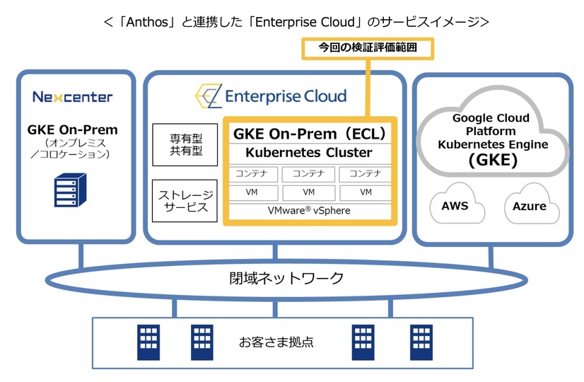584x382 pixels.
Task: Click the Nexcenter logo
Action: [x=73, y=97]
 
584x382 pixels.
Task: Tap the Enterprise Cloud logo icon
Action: [x=209, y=96]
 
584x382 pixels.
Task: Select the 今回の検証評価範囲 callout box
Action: [x=367, y=48]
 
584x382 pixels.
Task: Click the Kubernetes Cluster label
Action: [x=308, y=153]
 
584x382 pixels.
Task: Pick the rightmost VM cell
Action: [x=366, y=192]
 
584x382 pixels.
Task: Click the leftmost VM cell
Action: [x=252, y=192]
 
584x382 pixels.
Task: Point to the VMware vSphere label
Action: [x=309, y=211]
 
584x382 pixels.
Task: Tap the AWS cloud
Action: [x=455, y=206]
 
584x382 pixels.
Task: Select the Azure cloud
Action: [x=530, y=206]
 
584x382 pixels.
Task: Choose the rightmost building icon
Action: [x=421, y=342]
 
